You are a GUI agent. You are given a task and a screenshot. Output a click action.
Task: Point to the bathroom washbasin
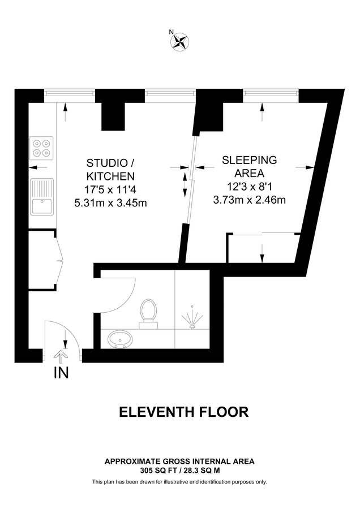click(121, 339)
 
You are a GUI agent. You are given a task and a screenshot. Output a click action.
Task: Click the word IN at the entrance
click(61, 373)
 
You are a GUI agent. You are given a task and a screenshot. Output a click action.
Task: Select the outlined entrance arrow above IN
click(61, 356)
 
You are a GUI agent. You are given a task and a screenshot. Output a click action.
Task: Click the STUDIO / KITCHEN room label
click(110, 168)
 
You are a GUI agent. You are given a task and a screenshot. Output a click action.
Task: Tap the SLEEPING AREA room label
click(249, 166)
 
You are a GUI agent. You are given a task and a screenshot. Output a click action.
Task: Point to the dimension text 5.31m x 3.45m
click(110, 203)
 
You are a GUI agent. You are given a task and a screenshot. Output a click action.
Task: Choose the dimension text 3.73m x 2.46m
click(249, 199)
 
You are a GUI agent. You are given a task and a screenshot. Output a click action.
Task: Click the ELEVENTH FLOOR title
click(183, 412)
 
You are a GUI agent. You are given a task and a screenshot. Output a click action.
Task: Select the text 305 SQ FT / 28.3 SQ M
click(179, 470)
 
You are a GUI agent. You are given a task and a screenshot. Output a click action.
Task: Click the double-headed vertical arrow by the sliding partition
click(185, 184)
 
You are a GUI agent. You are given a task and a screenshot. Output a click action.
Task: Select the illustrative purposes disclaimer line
click(179, 482)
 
